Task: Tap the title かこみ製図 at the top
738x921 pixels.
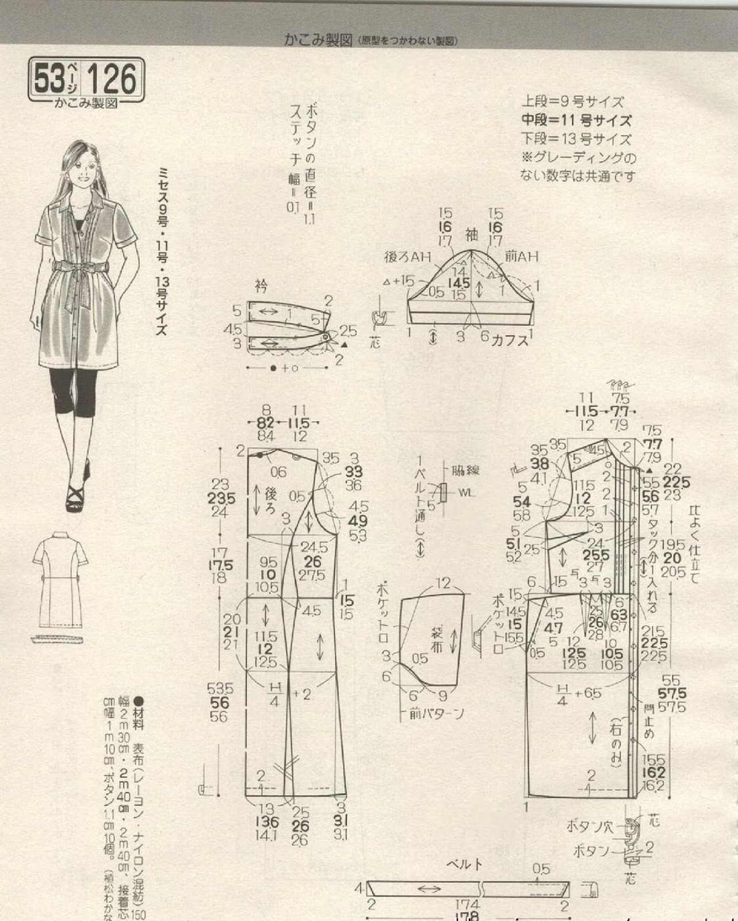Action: pos(318,40)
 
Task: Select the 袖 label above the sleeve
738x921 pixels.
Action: pos(471,234)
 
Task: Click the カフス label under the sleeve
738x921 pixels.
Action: pos(510,339)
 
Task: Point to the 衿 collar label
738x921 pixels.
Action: pos(261,285)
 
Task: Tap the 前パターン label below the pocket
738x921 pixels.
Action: pos(437,714)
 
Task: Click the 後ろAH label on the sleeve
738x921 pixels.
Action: pos(408,257)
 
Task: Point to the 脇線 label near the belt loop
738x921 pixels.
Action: pos(466,470)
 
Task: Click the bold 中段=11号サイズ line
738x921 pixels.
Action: pos(576,121)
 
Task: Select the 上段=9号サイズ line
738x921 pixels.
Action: pos(572,102)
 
